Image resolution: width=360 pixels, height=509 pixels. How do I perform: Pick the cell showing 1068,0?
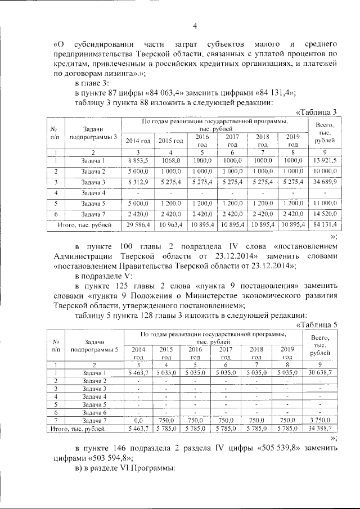pyautogui.click(x=170, y=161)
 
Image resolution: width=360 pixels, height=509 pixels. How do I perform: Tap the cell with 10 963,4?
pyautogui.click(x=170, y=224)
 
